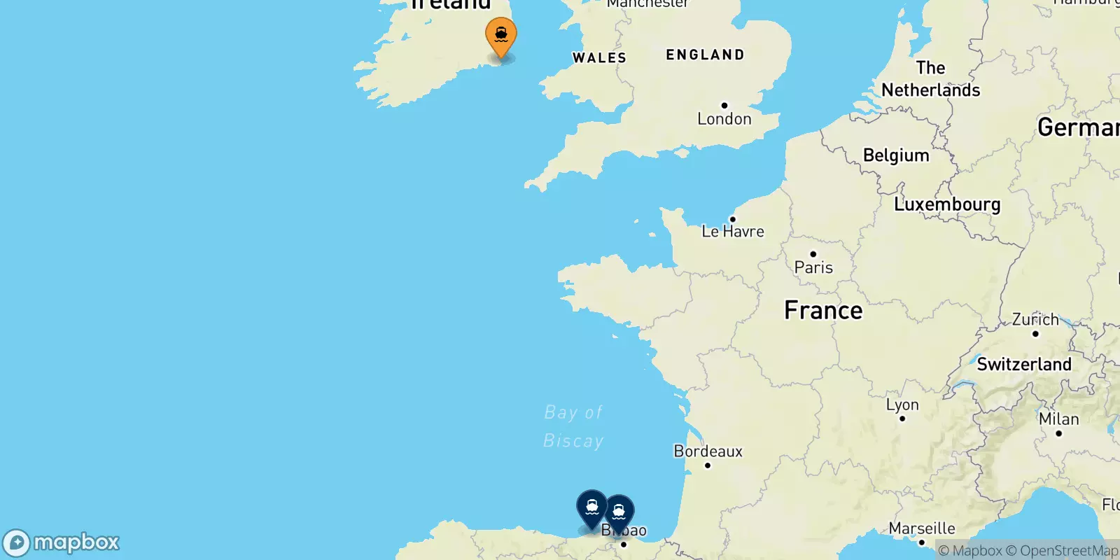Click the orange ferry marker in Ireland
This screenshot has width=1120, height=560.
tap(501, 35)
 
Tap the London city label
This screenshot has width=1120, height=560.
tap(724, 119)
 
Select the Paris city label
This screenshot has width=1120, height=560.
tap(813, 267)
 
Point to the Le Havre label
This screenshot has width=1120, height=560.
tap(733, 231)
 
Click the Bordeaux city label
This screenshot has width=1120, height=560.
tap(708, 451)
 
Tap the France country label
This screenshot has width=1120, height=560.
tap(823, 310)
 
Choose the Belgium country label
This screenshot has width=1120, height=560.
tap(896, 155)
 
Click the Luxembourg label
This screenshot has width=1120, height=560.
tap(947, 204)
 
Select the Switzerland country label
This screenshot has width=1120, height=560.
tap(1024, 364)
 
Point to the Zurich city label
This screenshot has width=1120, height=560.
tap(1035, 320)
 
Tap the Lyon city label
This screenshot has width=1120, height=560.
tap(902, 405)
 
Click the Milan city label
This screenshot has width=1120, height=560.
tap(1058, 419)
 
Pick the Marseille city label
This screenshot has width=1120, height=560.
tap(922, 528)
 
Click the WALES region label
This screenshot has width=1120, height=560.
tap(599, 58)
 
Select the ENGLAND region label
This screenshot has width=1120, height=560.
tap(705, 55)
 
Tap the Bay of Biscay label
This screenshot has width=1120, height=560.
tap(573, 426)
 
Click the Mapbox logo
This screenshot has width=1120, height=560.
tap(62, 542)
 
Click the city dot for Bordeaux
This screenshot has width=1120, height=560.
tap(708, 465)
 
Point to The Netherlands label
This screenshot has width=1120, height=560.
tap(930, 79)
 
